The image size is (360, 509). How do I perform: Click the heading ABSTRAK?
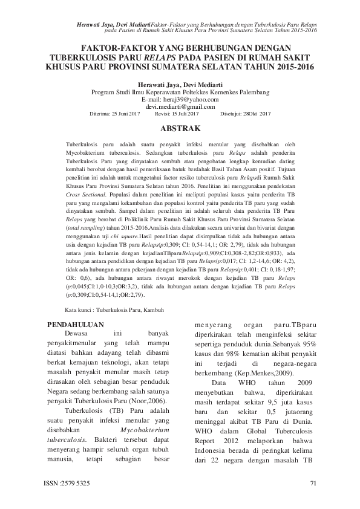coord(180,129)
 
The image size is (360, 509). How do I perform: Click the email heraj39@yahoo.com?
coord(180,99)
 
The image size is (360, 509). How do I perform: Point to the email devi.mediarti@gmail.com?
coord(180,106)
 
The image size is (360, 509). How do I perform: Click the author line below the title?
coord(180,84)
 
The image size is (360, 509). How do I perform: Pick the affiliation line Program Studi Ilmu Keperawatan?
coord(180,91)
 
